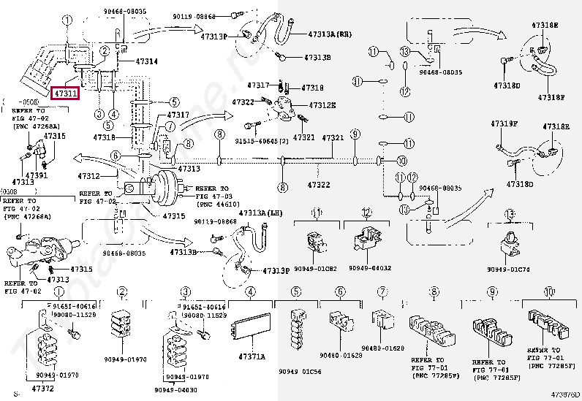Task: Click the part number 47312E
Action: coord(322,105)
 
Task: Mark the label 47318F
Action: coord(551,96)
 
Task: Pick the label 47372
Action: coord(43,388)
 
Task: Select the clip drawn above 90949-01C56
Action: coord(298,326)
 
